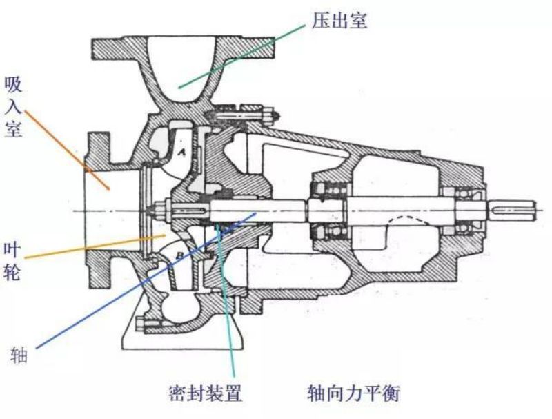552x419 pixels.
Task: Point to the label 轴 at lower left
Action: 17,355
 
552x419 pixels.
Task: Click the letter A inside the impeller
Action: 182,153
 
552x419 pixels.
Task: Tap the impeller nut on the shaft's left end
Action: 166,208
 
